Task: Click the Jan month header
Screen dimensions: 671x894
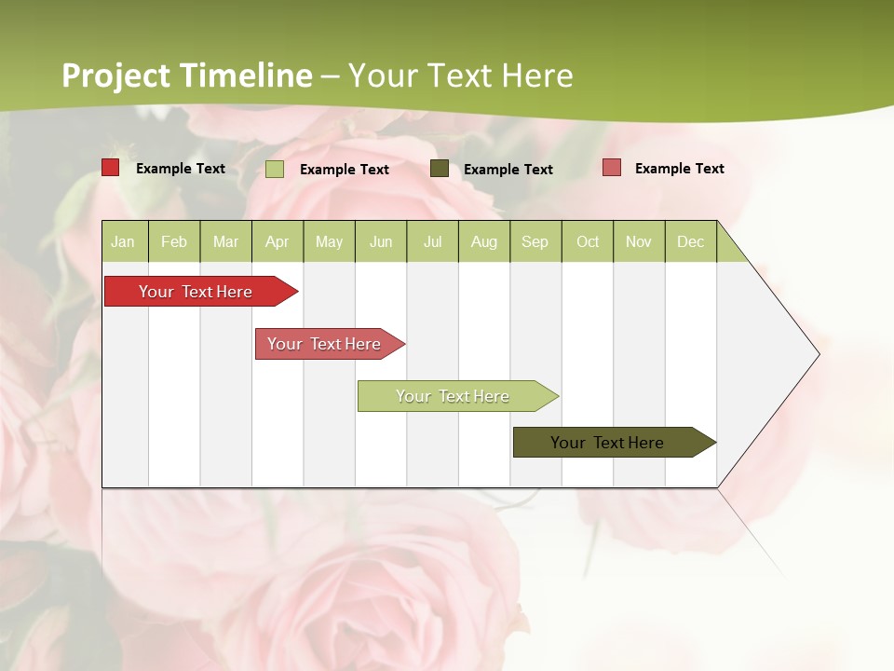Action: pyautogui.click(x=123, y=241)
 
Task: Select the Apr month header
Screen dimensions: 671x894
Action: pyautogui.click(x=277, y=241)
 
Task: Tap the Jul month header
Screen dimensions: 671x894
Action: pyautogui.click(x=432, y=241)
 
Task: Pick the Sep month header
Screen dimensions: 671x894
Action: pyautogui.click(x=535, y=241)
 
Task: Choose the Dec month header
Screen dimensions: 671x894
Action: pyautogui.click(x=690, y=241)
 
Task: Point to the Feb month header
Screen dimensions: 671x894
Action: pyautogui.click(x=174, y=241)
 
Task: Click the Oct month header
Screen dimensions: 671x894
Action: pyautogui.click(x=588, y=241)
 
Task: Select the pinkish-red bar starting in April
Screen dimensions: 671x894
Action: pyautogui.click(x=326, y=344)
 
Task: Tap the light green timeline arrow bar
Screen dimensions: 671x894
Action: pyautogui.click(x=454, y=396)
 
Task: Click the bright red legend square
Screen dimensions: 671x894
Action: pyautogui.click(x=110, y=168)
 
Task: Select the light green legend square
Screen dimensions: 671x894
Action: pyautogui.click(x=274, y=169)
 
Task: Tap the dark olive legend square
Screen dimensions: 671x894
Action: pyautogui.click(x=439, y=169)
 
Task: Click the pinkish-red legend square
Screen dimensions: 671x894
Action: pyautogui.click(x=611, y=168)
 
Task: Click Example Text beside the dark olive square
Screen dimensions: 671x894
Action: pyautogui.click(x=508, y=170)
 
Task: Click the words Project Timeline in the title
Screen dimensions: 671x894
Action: pyautogui.click(x=186, y=75)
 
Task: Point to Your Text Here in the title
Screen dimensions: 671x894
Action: pyautogui.click(x=460, y=75)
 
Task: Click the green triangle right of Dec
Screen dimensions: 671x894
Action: pyautogui.click(x=729, y=249)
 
